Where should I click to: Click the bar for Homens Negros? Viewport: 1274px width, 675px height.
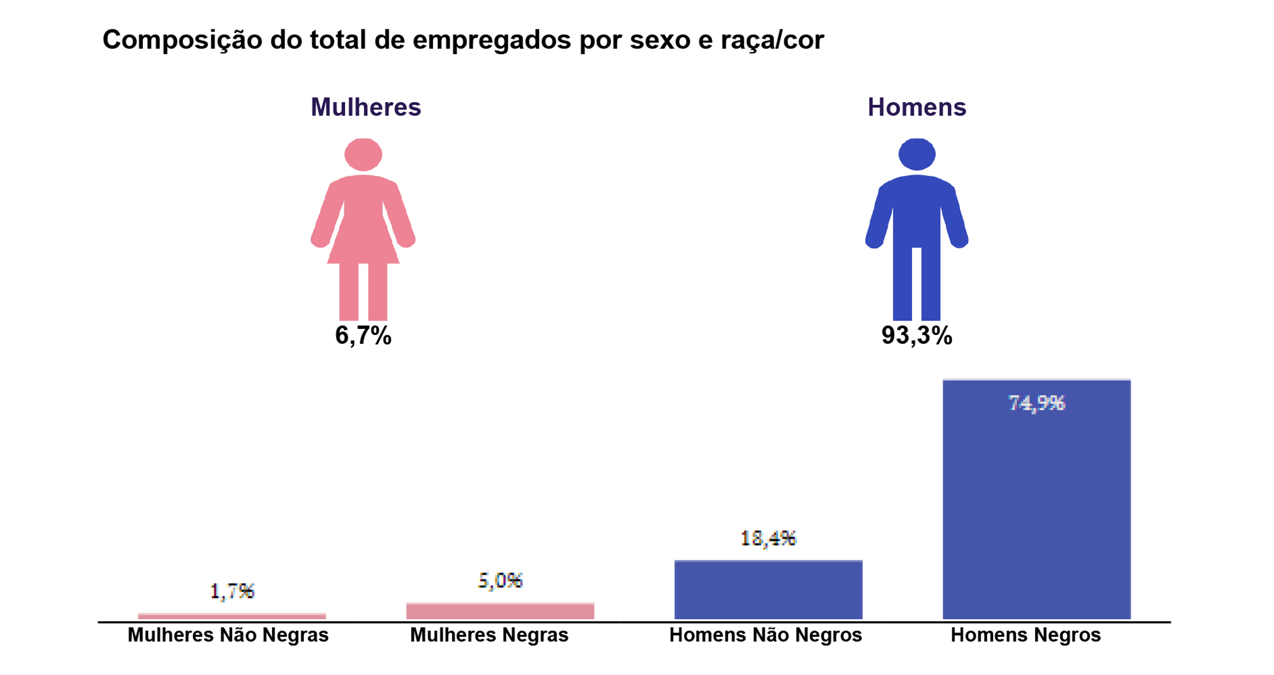click(x=1036, y=500)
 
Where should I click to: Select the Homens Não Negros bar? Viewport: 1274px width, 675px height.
click(x=768, y=590)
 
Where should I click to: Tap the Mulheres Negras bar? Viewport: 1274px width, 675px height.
click(x=500, y=611)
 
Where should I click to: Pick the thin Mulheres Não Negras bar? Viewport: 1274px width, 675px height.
click(x=232, y=616)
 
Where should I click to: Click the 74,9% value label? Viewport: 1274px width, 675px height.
click(x=1036, y=403)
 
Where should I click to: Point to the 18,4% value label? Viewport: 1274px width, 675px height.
click(x=768, y=538)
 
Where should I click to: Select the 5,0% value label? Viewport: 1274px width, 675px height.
click(x=500, y=580)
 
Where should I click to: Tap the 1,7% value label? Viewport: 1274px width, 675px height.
click(x=232, y=591)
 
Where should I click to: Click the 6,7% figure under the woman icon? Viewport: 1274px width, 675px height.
click(x=363, y=336)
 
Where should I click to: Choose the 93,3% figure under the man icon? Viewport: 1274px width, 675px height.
click(x=916, y=336)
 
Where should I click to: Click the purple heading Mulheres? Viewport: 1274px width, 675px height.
click(x=366, y=107)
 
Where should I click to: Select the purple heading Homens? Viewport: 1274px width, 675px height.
click(x=916, y=107)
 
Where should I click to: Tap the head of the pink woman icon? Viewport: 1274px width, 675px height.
click(x=363, y=154)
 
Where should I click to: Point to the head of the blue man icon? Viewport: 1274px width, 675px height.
click(x=916, y=154)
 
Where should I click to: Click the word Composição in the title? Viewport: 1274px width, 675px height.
click(x=182, y=40)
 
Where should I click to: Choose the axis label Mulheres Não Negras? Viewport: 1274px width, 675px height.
click(x=228, y=635)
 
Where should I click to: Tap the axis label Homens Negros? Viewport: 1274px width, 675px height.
click(x=1025, y=635)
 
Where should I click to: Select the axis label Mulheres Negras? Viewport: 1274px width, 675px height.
click(x=489, y=635)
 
